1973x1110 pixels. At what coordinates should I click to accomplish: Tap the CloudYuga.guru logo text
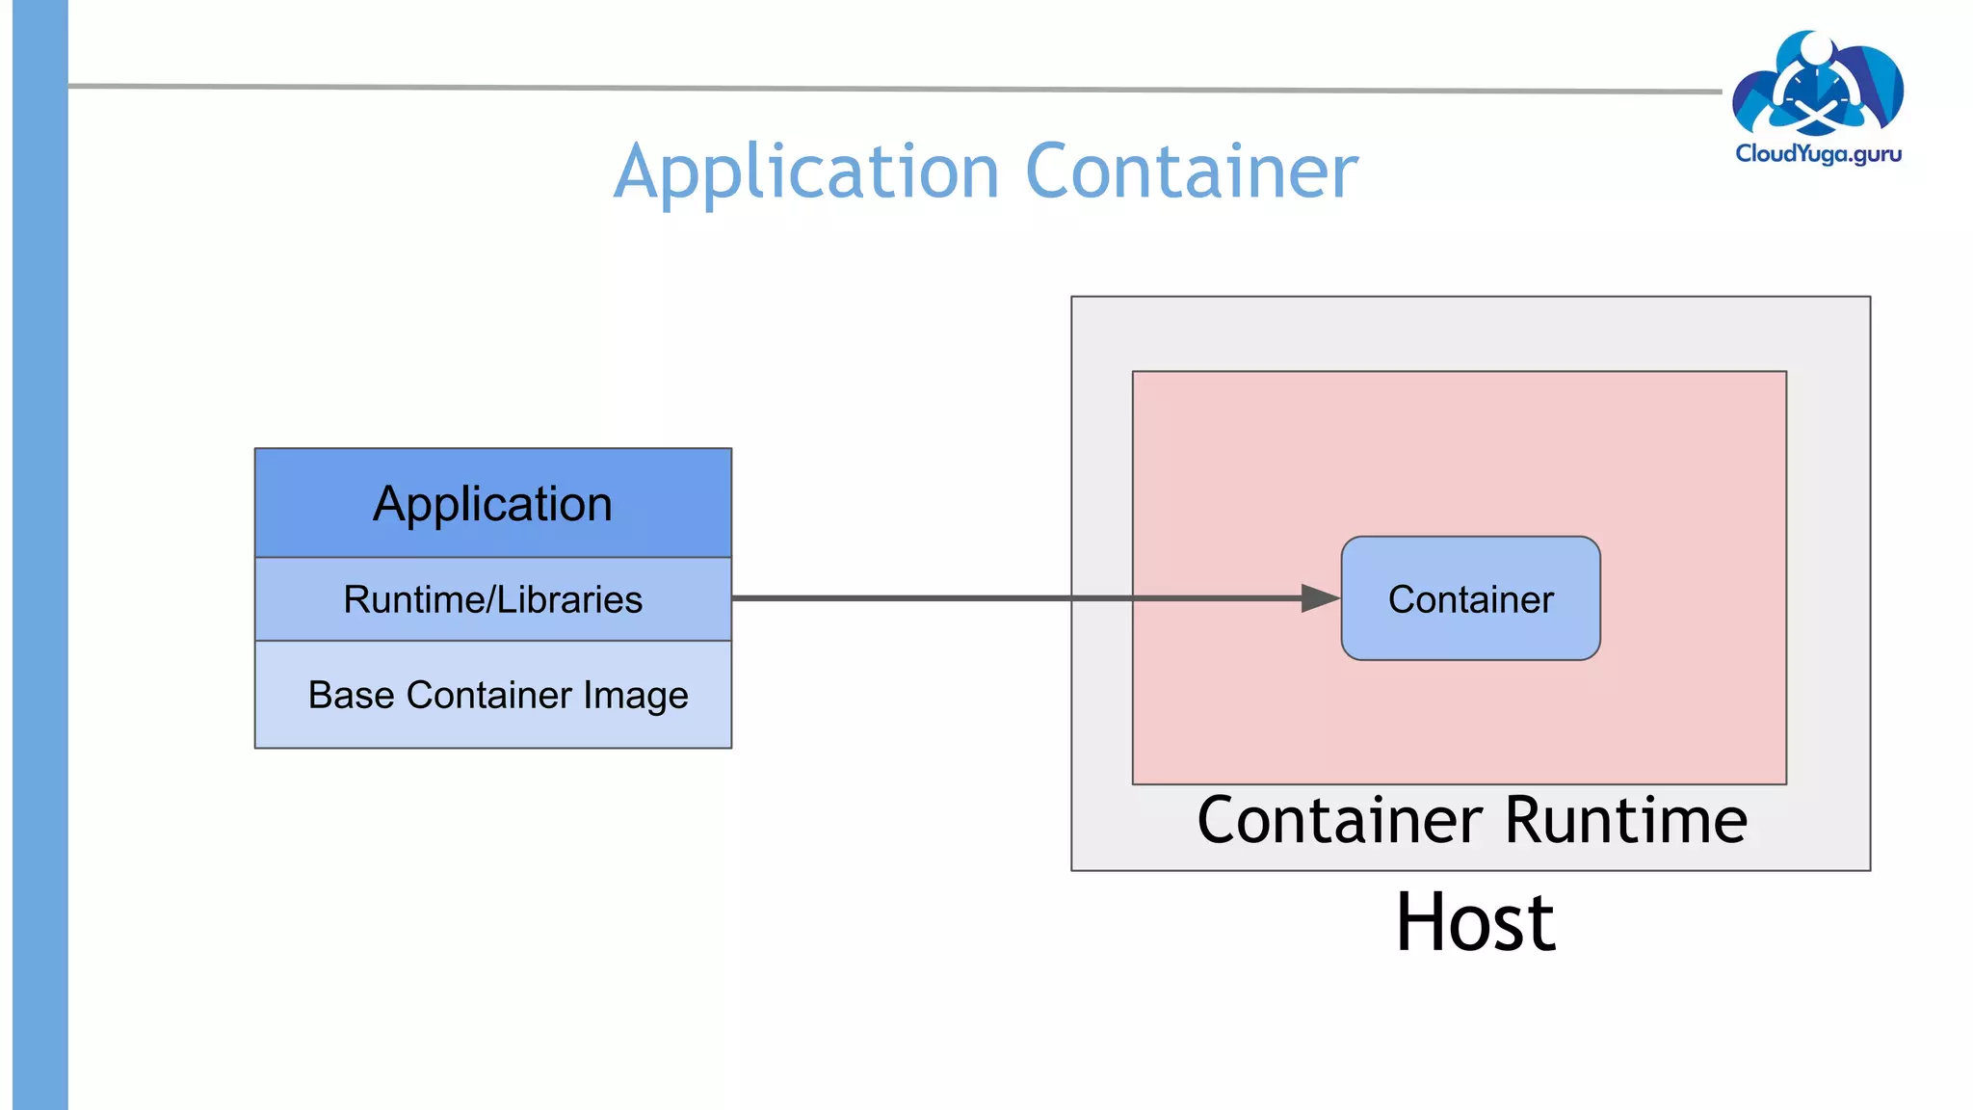click(x=1818, y=154)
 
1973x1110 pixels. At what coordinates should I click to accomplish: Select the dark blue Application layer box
click(x=492, y=504)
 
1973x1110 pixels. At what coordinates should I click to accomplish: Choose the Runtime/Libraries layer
click(x=492, y=599)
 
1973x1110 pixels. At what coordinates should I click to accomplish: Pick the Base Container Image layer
click(x=492, y=695)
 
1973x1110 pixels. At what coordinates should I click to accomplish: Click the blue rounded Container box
click(x=1470, y=598)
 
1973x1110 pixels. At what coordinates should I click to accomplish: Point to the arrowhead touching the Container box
click(x=1321, y=598)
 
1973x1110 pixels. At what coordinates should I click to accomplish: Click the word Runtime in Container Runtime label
click(x=1625, y=820)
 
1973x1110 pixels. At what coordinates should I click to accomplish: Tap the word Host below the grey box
click(x=1475, y=922)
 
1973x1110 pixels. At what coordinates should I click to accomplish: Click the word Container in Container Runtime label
click(x=1339, y=820)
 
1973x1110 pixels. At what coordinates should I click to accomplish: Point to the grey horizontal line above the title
click(x=867, y=89)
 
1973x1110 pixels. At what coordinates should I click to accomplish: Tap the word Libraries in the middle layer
click(x=569, y=599)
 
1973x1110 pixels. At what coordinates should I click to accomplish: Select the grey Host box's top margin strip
click(x=1470, y=333)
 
